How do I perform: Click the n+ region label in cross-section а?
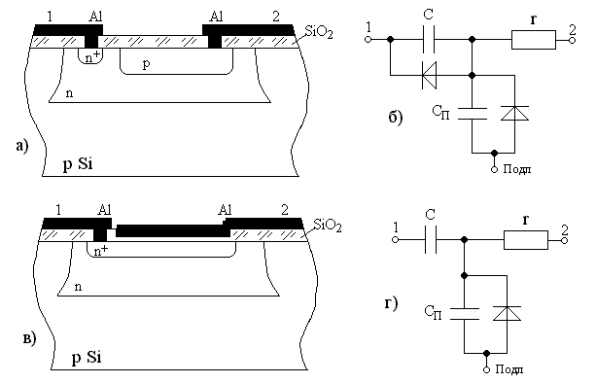[x=93, y=56]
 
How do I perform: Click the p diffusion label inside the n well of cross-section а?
[x=147, y=64]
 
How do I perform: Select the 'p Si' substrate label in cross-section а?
[x=78, y=164]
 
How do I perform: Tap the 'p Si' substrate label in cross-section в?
[x=87, y=358]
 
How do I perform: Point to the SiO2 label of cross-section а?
[x=319, y=32]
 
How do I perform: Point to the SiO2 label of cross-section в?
[x=328, y=226]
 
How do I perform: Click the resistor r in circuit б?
[x=533, y=40]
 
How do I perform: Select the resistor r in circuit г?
[x=526, y=240]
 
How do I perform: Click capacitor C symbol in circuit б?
[x=429, y=40]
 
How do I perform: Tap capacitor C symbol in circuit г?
[x=431, y=240]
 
